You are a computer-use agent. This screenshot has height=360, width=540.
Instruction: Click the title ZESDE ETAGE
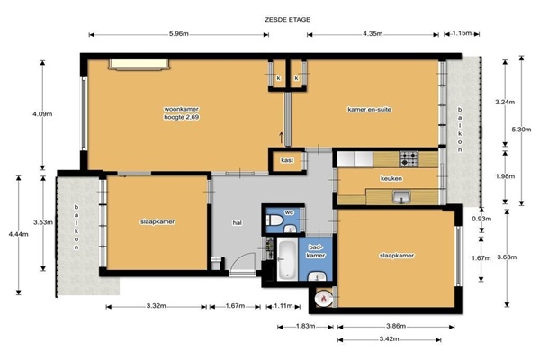tap(288, 20)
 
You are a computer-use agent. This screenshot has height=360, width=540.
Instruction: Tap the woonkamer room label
tap(181, 109)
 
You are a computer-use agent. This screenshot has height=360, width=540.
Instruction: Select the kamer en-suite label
tap(370, 110)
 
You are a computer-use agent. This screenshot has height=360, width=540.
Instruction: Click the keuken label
tap(391, 179)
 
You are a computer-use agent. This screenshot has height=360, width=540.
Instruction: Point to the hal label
tap(237, 223)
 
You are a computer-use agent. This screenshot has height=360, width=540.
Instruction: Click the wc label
tap(289, 212)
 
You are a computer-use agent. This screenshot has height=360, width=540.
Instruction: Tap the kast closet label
tap(287, 160)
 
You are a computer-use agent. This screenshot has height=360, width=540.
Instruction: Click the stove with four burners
tap(409, 159)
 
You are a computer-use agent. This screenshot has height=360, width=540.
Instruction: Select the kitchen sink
tap(401, 197)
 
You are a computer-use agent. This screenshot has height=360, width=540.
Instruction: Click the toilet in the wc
tap(274, 220)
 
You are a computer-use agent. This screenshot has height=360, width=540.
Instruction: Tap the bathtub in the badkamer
tap(286, 259)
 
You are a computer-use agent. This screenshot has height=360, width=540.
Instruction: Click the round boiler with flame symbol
tap(324, 299)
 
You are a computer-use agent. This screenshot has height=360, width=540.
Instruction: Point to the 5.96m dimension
tap(179, 34)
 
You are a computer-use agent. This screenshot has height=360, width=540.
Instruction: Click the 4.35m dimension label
tap(373, 34)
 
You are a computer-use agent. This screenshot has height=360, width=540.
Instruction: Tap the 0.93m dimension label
tap(481, 219)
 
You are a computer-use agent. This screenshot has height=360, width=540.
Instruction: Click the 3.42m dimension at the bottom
tap(389, 339)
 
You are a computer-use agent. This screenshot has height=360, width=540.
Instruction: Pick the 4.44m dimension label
tap(19, 235)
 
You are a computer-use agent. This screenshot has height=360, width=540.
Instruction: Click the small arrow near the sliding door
tap(281, 138)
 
